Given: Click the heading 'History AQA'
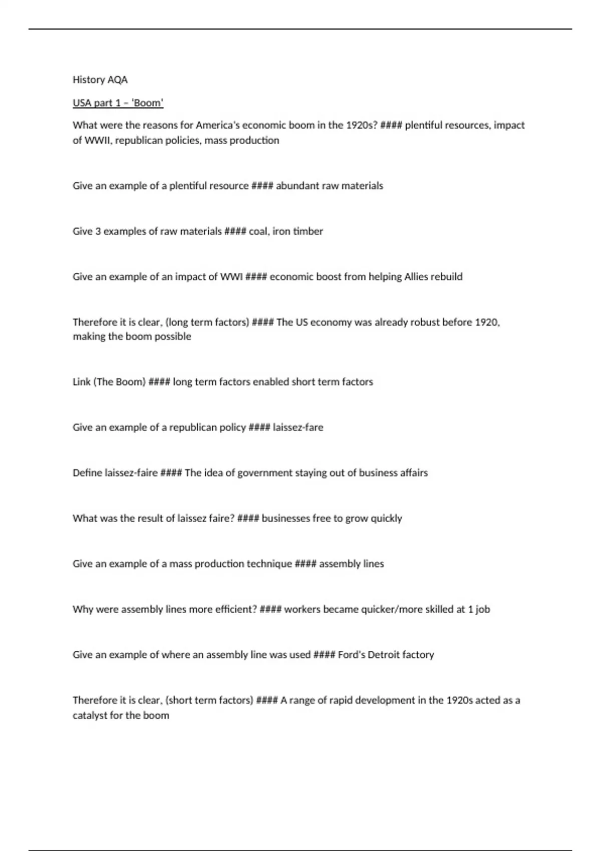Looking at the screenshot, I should click(100, 80).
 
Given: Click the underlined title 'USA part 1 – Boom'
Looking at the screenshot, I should click(118, 103).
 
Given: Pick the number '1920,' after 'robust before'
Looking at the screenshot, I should click(487, 322).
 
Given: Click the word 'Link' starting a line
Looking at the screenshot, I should click(82, 382).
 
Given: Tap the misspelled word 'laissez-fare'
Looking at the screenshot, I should click(298, 428).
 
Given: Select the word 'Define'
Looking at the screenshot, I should click(87, 473).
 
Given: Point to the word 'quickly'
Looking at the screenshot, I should click(386, 519).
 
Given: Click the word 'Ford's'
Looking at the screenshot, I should click(352, 655).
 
